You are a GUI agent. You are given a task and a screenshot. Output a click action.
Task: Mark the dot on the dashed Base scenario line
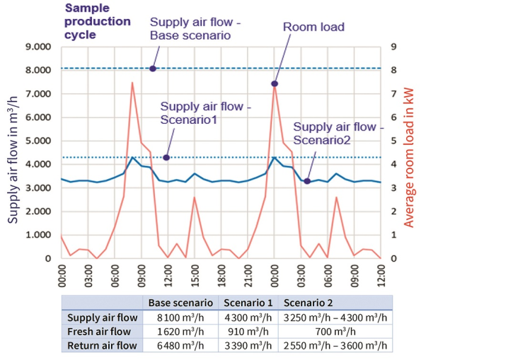click(x=153, y=69)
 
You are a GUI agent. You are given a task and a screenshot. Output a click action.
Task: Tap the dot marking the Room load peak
click(x=275, y=83)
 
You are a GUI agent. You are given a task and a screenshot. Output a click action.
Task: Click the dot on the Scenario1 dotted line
click(x=166, y=157)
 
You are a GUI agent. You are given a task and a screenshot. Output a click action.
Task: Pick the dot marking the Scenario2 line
click(x=307, y=181)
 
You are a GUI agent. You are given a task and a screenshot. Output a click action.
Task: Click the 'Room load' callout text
click(x=313, y=28)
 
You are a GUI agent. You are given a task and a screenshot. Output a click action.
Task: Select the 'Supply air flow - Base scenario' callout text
click(x=195, y=29)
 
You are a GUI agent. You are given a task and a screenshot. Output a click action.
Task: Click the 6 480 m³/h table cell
click(x=180, y=346)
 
